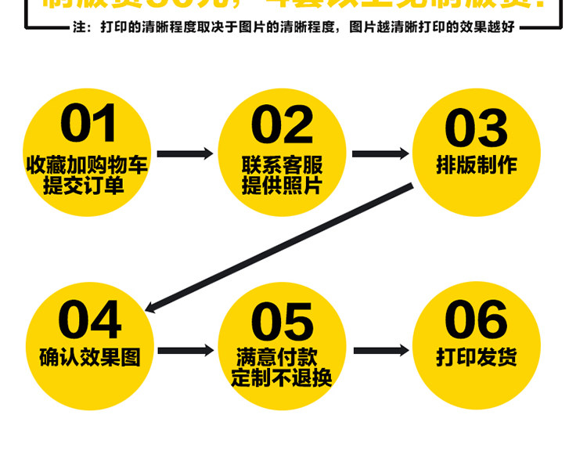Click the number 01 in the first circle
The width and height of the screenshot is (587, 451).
pyautogui.click(x=88, y=125)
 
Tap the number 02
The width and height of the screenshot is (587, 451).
pyautogui.click(x=282, y=125)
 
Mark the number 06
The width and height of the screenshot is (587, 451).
pyautogui.click(x=476, y=319)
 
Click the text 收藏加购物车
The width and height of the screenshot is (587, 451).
pyautogui.click(x=87, y=165)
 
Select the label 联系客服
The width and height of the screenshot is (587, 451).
pyautogui.click(x=282, y=165)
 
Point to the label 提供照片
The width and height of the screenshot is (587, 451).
pyautogui.click(x=282, y=186)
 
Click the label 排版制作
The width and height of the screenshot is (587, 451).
pyautogui.click(x=476, y=165)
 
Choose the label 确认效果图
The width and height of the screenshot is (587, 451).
pyautogui.click(x=90, y=358)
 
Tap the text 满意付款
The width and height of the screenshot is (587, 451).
pyautogui.click(x=282, y=358)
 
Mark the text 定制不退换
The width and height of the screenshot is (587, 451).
pyautogui.click(x=282, y=379)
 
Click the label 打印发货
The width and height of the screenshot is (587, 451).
pyautogui.click(x=476, y=358)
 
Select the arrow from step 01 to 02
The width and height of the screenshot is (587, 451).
pyautogui.click(x=185, y=153)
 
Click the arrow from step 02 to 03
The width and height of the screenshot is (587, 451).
pyautogui.click(x=380, y=153)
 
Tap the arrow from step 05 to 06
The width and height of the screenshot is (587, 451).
pyautogui.click(x=380, y=351)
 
